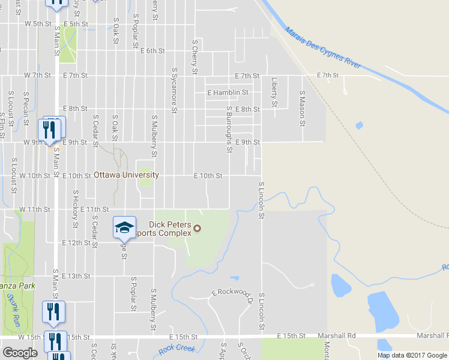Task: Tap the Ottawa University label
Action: coord(127,175)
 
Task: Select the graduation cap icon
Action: coord(124,227)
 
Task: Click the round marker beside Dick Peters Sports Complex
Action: coord(196,228)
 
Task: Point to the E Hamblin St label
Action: coord(228,93)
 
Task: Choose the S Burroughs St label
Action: coord(229,130)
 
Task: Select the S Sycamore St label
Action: coord(173,90)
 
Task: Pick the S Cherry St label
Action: coord(194,58)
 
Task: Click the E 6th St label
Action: coord(152,51)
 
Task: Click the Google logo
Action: coord(20,352)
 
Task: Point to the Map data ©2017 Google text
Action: coord(411,355)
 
